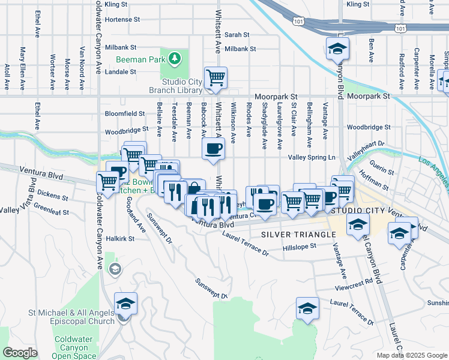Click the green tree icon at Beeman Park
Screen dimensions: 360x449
[x=174, y=58]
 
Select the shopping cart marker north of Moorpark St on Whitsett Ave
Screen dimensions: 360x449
[x=215, y=77]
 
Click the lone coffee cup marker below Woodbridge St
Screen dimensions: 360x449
[x=213, y=149]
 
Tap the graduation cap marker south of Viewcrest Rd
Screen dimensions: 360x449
[x=307, y=308]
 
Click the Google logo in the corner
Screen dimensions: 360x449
[x=20, y=353]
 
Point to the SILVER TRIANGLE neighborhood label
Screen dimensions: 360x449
[x=297, y=234]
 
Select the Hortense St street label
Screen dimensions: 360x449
[x=122, y=19]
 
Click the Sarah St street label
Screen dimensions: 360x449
[x=237, y=35]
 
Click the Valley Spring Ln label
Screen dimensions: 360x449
[x=311, y=157]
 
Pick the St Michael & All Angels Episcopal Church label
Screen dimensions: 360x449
[x=71, y=317]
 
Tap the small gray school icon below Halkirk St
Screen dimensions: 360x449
[x=115, y=269]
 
